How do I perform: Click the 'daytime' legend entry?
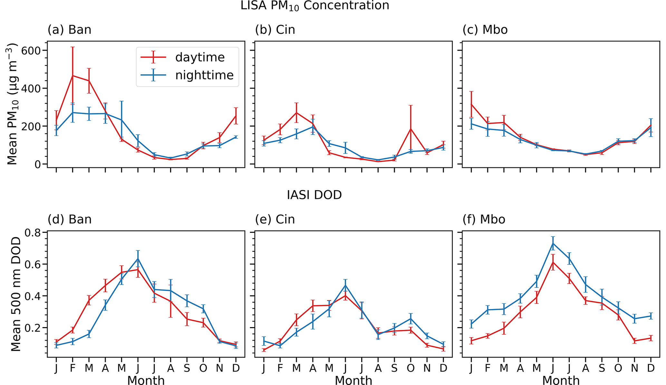(x=199, y=57)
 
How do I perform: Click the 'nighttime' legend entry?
(x=204, y=75)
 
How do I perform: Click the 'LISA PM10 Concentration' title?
(x=315, y=5)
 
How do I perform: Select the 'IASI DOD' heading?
(x=314, y=195)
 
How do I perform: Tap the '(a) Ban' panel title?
(x=69, y=30)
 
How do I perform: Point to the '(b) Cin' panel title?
(x=275, y=30)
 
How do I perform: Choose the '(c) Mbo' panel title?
(x=485, y=30)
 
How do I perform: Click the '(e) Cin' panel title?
(x=275, y=220)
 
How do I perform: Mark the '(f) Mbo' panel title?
(x=484, y=220)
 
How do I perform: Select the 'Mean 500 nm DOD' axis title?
(x=16, y=294)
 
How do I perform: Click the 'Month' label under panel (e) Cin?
(x=353, y=380)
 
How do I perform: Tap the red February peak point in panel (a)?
(x=73, y=76)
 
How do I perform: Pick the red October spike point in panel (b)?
(x=410, y=129)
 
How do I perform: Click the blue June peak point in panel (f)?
(x=553, y=243)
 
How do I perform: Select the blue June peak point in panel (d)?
(x=138, y=258)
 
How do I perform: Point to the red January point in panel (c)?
(x=471, y=104)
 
